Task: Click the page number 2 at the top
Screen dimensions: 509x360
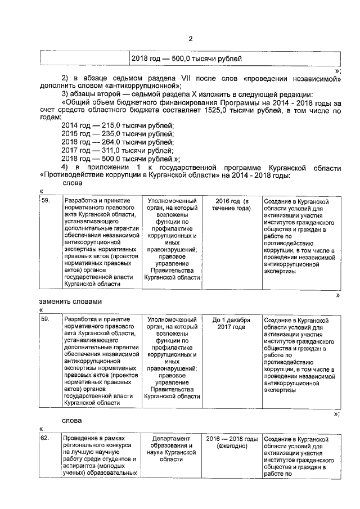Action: click(x=190, y=39)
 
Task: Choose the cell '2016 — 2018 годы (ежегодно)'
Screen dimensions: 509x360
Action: click(x=231, y=442)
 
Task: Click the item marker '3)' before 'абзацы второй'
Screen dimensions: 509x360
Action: click(x=65, y=94)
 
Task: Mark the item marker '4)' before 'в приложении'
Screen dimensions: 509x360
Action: click(x=65, y=167)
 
